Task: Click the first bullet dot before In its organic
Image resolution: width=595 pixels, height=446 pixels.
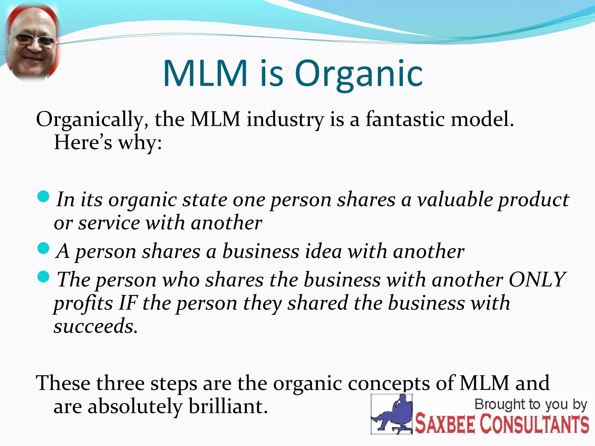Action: pos(44,197)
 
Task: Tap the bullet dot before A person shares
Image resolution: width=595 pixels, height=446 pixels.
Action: pos(44,249)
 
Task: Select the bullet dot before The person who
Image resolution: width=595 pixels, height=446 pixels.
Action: pos(44,277)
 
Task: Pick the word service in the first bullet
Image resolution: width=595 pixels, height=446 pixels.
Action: pos(109,223)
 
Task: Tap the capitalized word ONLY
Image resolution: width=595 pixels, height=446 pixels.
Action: pos(537,280)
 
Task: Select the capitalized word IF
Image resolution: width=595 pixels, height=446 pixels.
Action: pos(128,303)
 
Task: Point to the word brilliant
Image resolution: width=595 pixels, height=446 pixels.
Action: pos(228,407)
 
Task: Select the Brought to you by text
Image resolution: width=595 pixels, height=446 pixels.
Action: pos(531,404)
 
